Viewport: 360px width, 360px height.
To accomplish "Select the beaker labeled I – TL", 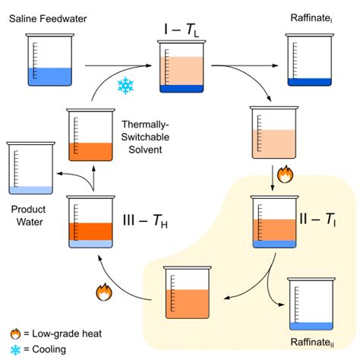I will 182,68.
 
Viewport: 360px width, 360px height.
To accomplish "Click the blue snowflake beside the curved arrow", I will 125,84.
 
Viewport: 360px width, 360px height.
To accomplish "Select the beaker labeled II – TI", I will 274,224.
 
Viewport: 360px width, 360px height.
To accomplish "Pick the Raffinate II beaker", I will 311,304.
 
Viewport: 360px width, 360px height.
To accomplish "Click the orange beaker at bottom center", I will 186,292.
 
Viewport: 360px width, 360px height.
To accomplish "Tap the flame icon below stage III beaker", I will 103,290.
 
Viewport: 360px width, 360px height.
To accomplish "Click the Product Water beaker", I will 30,168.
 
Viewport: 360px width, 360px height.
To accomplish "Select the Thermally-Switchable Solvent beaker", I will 91,136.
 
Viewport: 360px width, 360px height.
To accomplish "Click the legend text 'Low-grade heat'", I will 62,333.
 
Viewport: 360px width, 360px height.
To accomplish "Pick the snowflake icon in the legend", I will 14,349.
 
